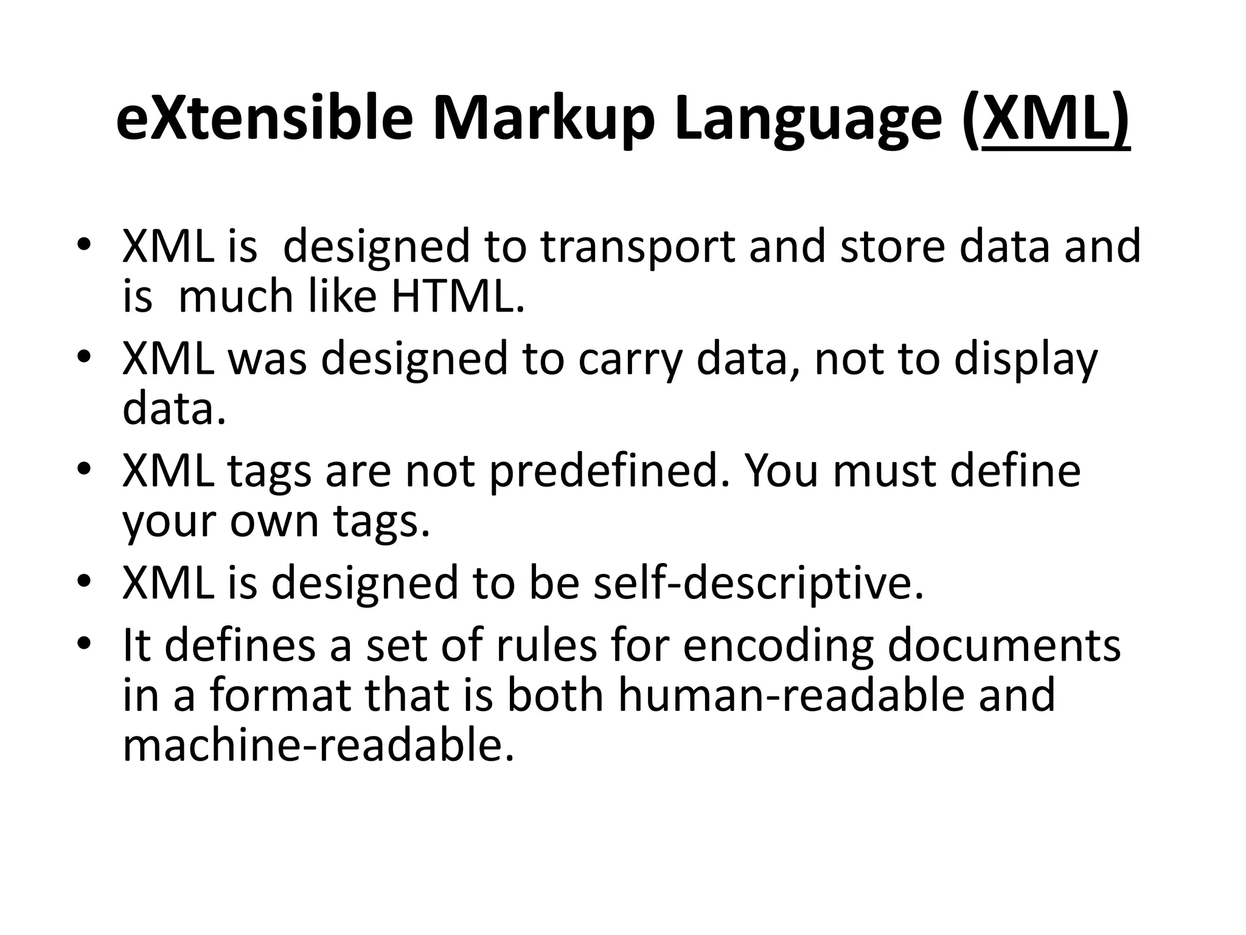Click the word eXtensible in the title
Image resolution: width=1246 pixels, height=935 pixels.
(265, 119)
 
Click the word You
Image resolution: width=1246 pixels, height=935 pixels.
(781, 471)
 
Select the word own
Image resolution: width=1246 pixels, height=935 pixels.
(274, 522)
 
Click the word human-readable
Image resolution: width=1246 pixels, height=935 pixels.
(792, 695)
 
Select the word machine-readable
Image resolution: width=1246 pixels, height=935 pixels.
(318, 746)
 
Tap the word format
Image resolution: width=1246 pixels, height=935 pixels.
(280, 695)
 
